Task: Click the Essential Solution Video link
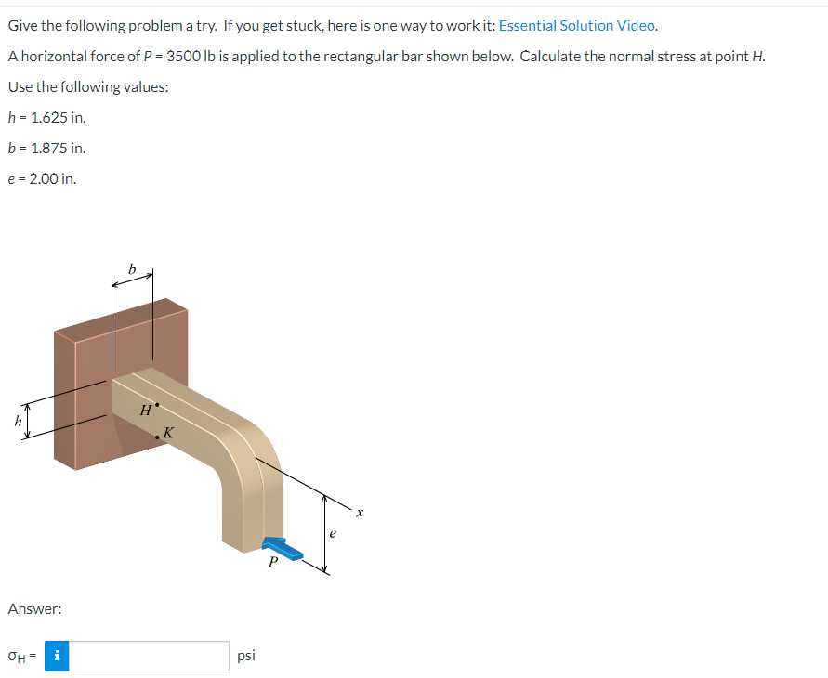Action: [x=578, y=25]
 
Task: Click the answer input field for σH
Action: [x=151, y=656]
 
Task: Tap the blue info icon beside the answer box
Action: [x=58, y=656]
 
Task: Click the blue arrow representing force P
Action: [x=283, y=548]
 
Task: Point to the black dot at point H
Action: [x=157, y=405]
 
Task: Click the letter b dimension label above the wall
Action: [x=132, y=268]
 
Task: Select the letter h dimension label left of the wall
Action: [x=17, y=420]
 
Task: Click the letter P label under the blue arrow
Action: [x=272, y=563]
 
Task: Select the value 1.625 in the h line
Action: [x=48, y=117]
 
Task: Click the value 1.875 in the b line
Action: [x=48, y=148]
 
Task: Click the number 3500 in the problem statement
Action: [x=185, y=56]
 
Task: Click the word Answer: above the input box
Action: [x=34, y=609]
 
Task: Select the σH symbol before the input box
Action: [x=18, y=657]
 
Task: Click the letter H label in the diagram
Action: [x=145, y=410]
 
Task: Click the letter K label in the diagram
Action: [x=168, y=432]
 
